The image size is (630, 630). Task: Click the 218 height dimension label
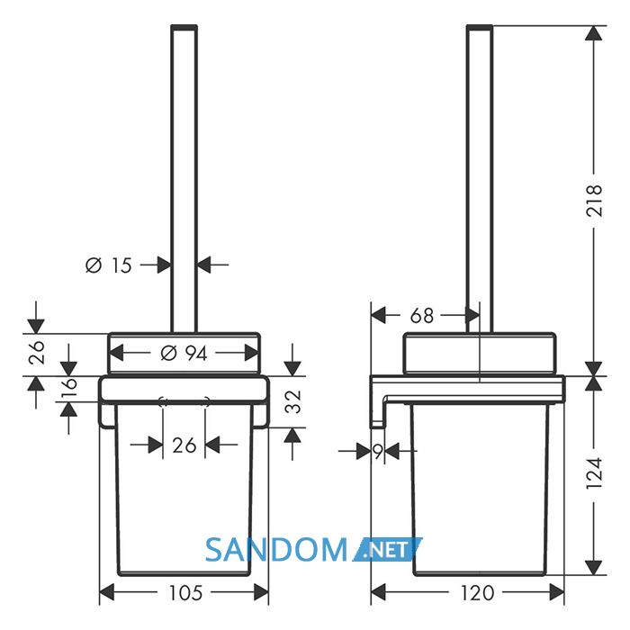click(594, 201)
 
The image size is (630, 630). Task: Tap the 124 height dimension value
click(594, 472)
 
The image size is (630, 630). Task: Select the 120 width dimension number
click(477, 593)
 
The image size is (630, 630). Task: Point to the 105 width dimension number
click(185, 593)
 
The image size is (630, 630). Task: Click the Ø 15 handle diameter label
click(109, 265)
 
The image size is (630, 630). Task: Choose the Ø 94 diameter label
click(184, 353)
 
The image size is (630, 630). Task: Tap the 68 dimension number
click(422, 316)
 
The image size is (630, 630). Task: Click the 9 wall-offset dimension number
click(378, 452)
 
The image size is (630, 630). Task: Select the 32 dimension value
click(292, 401)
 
